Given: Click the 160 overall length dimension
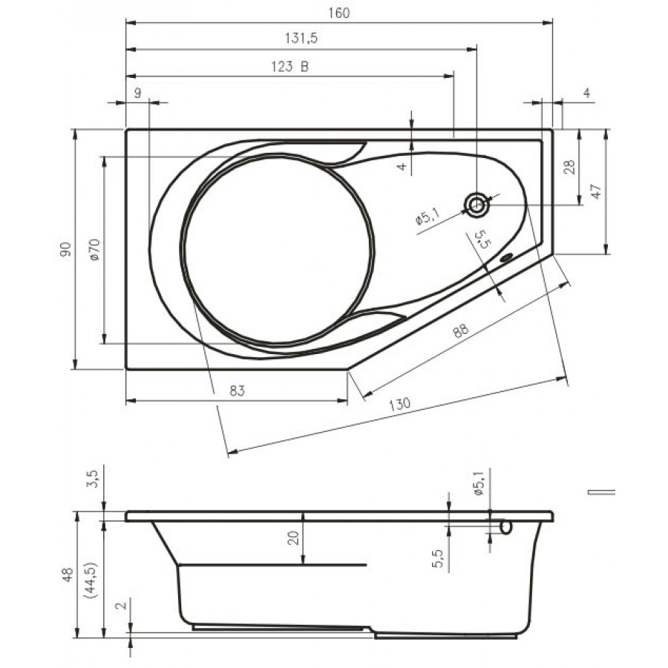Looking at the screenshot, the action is pos(338,13).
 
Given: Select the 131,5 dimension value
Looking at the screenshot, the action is pos(301,39).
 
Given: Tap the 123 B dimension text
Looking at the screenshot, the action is pos(289,67).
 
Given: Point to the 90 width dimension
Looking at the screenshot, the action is pos(65,249).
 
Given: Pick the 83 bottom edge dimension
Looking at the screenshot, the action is pos(238,390).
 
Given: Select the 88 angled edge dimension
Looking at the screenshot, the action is pos(460,330).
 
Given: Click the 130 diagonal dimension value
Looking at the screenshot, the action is pos(399,404).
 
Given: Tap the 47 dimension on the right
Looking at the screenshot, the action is pos(597,191).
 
